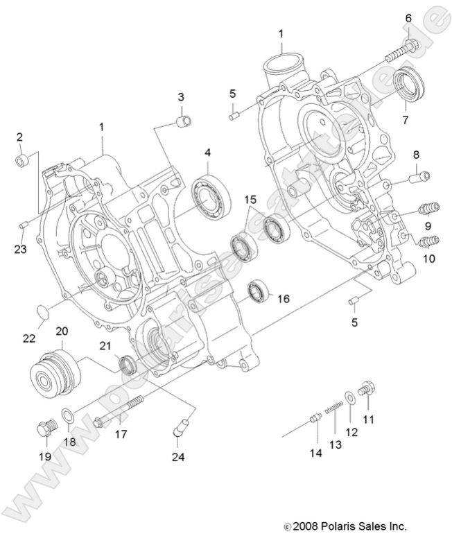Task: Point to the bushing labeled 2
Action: [x=22, y=162]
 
